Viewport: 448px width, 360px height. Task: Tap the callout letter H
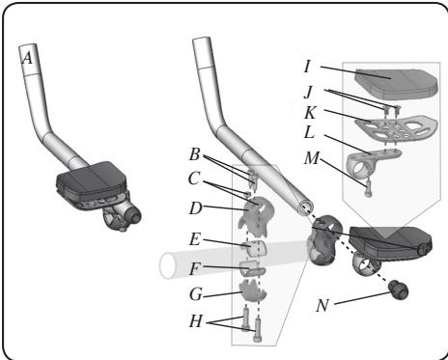195,320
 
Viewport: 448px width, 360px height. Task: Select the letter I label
307,68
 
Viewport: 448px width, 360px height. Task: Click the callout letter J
307,93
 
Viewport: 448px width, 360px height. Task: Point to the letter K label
307,111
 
